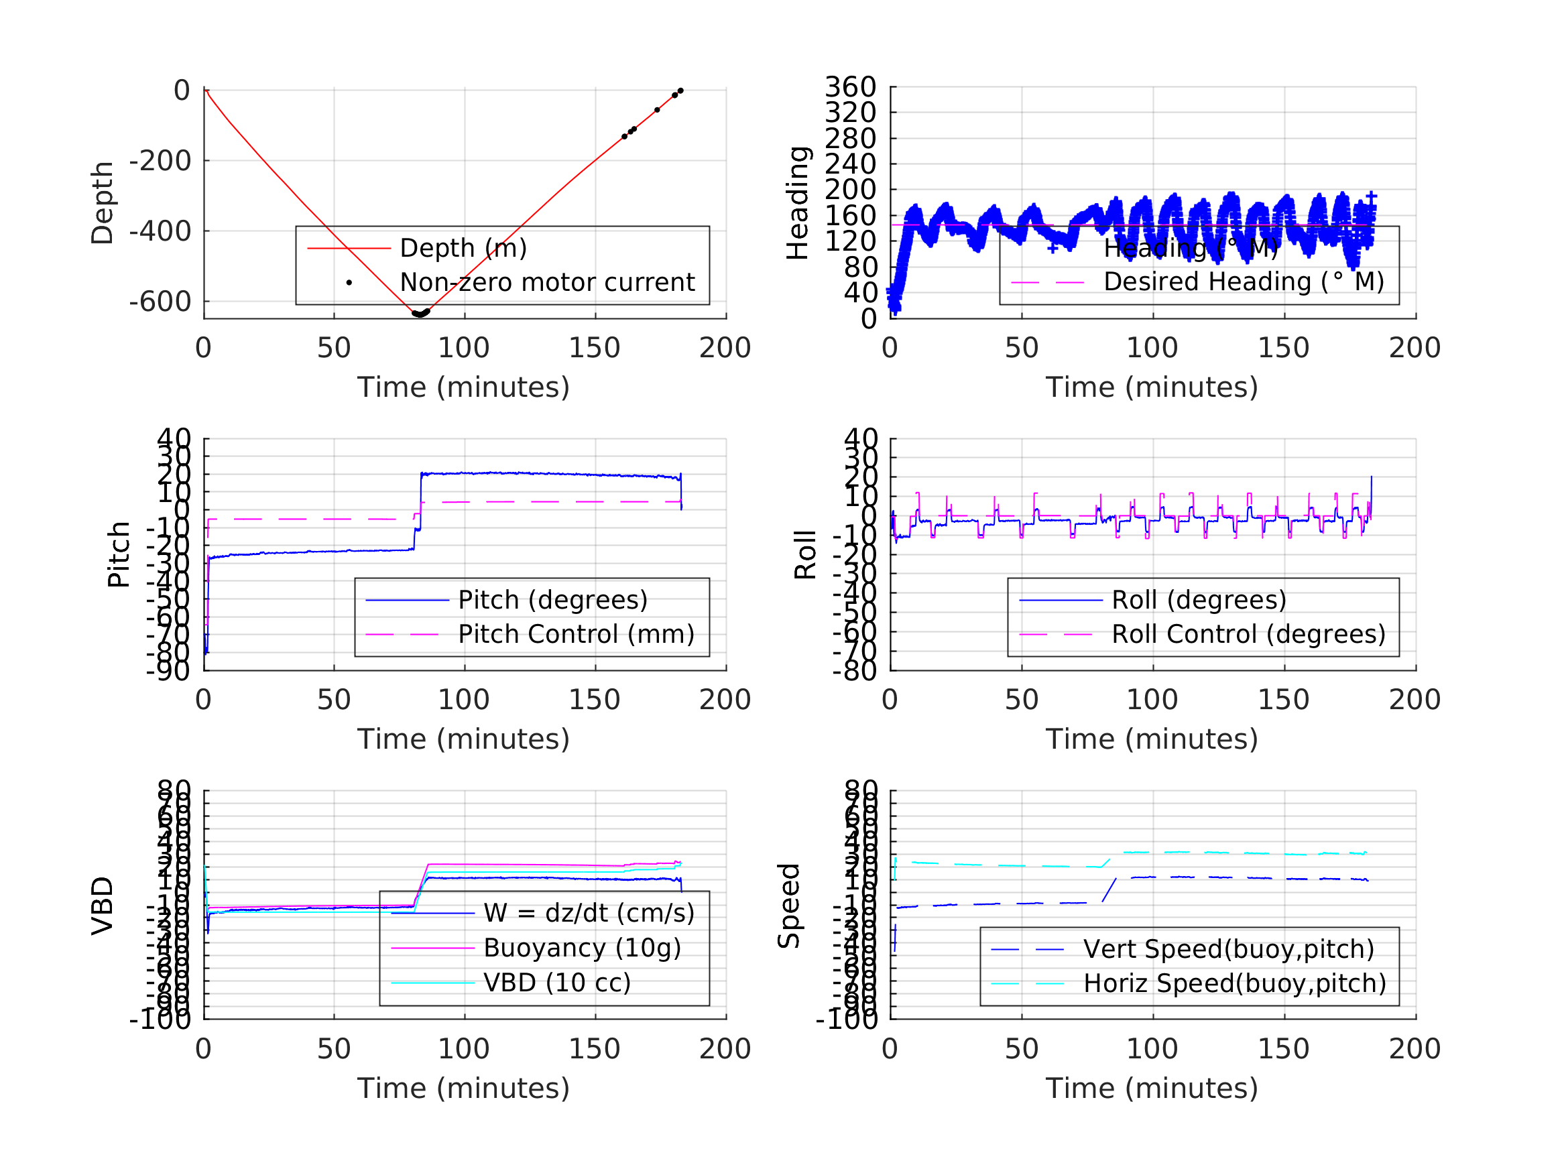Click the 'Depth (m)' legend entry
(463, 248)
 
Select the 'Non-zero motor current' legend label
(547, 283)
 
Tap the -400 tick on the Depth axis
(160, 231)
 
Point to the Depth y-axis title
(103, 203)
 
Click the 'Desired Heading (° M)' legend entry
(1244, 282)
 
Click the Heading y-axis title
(798, 203)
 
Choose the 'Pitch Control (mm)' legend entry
(577, 634)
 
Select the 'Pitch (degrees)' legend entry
(553, 601)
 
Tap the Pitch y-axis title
(119, 554)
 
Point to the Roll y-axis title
(805, 554)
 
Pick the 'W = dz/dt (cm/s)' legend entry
(589, 914)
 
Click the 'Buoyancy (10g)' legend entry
(582, 948)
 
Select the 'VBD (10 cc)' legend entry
(557, 983)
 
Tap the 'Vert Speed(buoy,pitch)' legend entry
(1229, 950)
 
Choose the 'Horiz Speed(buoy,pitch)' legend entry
(1235, 983)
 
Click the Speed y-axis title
(789, 906)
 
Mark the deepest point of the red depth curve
(419, 314)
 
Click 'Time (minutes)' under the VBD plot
(463, 1088)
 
